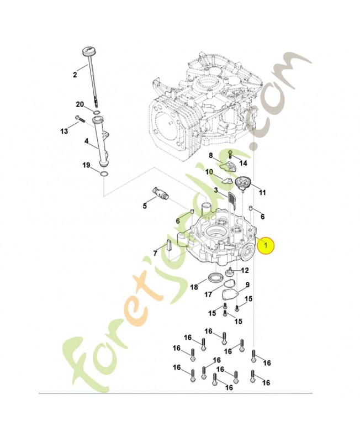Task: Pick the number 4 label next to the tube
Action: pos(86,141)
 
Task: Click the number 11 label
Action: pos(262,193)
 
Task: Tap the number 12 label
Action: pos(245,270)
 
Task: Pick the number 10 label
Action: pos(209,172)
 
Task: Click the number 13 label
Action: pos(64,131)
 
